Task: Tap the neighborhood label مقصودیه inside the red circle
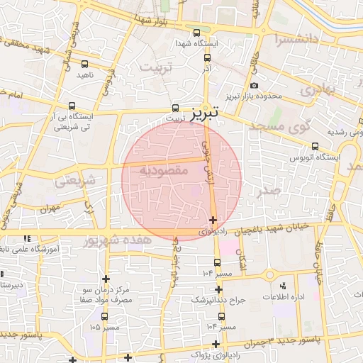coord(162,171)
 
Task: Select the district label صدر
coord(270,191)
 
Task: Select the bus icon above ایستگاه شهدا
coord(197,33)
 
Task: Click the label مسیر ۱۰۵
coord(106,327)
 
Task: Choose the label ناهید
coord(85,74)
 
